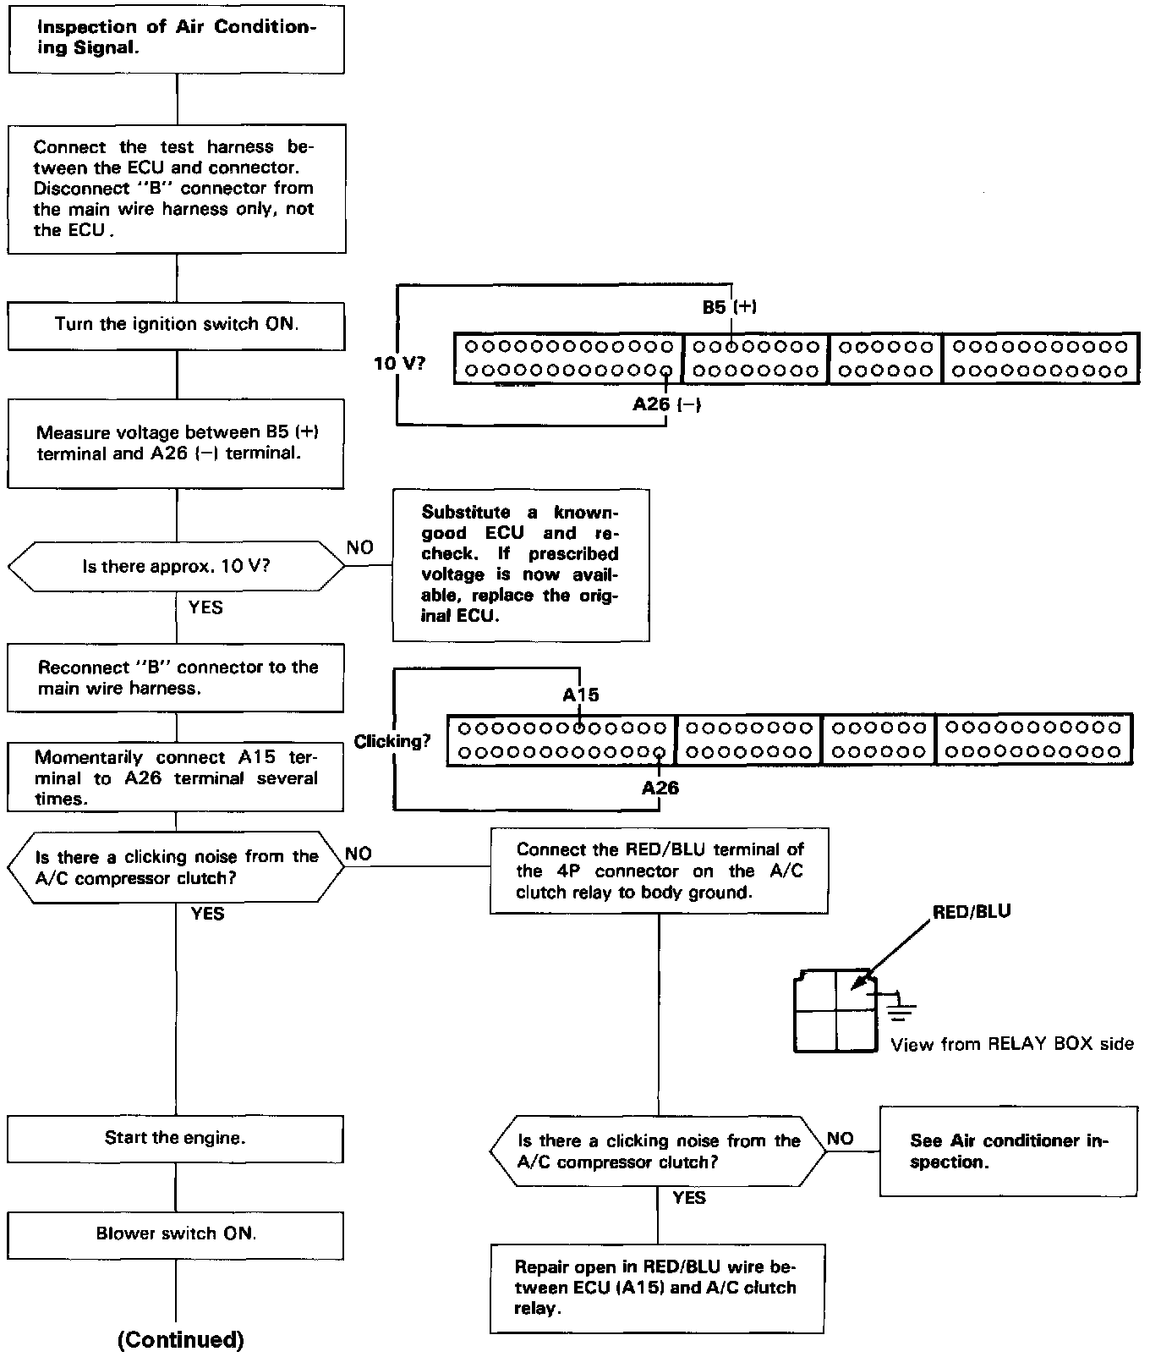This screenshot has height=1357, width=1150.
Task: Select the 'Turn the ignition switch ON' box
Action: (176, 325)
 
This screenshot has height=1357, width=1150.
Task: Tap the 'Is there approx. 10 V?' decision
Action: (176, 567)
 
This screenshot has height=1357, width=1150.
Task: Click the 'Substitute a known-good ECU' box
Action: (520, 564)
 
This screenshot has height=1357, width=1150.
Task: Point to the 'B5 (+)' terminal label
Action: (729, 307)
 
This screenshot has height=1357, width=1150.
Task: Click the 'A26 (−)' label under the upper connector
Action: (666, 404)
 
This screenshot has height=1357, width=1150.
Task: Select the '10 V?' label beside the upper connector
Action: (400, 365)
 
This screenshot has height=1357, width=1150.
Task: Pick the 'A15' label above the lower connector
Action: (580, 695)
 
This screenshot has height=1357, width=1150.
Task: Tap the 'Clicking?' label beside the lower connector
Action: (392, 742)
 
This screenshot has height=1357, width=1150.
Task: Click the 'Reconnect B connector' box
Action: (176, 678)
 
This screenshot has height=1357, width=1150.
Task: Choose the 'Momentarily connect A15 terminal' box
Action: (176, 778)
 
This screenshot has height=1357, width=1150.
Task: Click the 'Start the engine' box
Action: (176, 1138)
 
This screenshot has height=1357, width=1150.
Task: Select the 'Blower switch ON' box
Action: (176, 1234)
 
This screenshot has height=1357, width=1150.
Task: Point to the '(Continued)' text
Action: (180, 1340)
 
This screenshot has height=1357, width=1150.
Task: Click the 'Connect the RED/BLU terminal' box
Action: (659, 871)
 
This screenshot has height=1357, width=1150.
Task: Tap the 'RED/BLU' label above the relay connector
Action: (972, 912)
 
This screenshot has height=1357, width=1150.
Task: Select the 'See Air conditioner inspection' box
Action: (1008, 1151)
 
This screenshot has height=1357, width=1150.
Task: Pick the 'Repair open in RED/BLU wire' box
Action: (656, 1288)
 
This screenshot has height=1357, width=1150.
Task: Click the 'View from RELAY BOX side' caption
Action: (1011, 1045)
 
